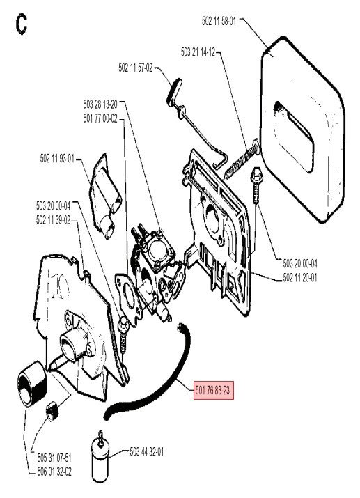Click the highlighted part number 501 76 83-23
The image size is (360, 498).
(214, 390)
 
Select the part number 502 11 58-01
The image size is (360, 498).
(219, 22)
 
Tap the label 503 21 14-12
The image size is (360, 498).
(198, 52)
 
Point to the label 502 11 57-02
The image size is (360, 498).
(136, 68)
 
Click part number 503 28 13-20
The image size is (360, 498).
(100, 104)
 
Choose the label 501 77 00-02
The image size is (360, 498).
(100, 119)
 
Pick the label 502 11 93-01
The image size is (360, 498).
(57, 158)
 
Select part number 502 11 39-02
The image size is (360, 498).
(54, 220)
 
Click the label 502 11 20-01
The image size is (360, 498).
(300, 278)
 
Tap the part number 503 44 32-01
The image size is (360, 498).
(147, 451)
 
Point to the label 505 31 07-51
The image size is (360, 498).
(54, 458)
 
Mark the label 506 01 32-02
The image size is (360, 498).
(54, 472)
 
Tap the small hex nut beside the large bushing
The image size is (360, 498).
(51, 410)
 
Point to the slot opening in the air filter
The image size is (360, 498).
(295, 137)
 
